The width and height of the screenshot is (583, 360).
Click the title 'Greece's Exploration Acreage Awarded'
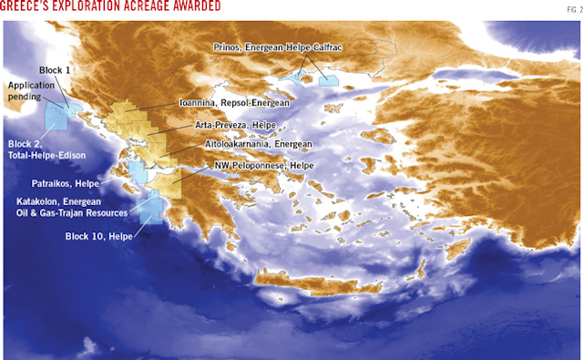tap(110, 8)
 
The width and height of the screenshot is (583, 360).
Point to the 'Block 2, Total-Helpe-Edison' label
tap(46, 149)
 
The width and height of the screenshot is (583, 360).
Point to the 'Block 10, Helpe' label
tap(98, 236)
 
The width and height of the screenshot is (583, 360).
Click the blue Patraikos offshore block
tap(138, 172)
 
